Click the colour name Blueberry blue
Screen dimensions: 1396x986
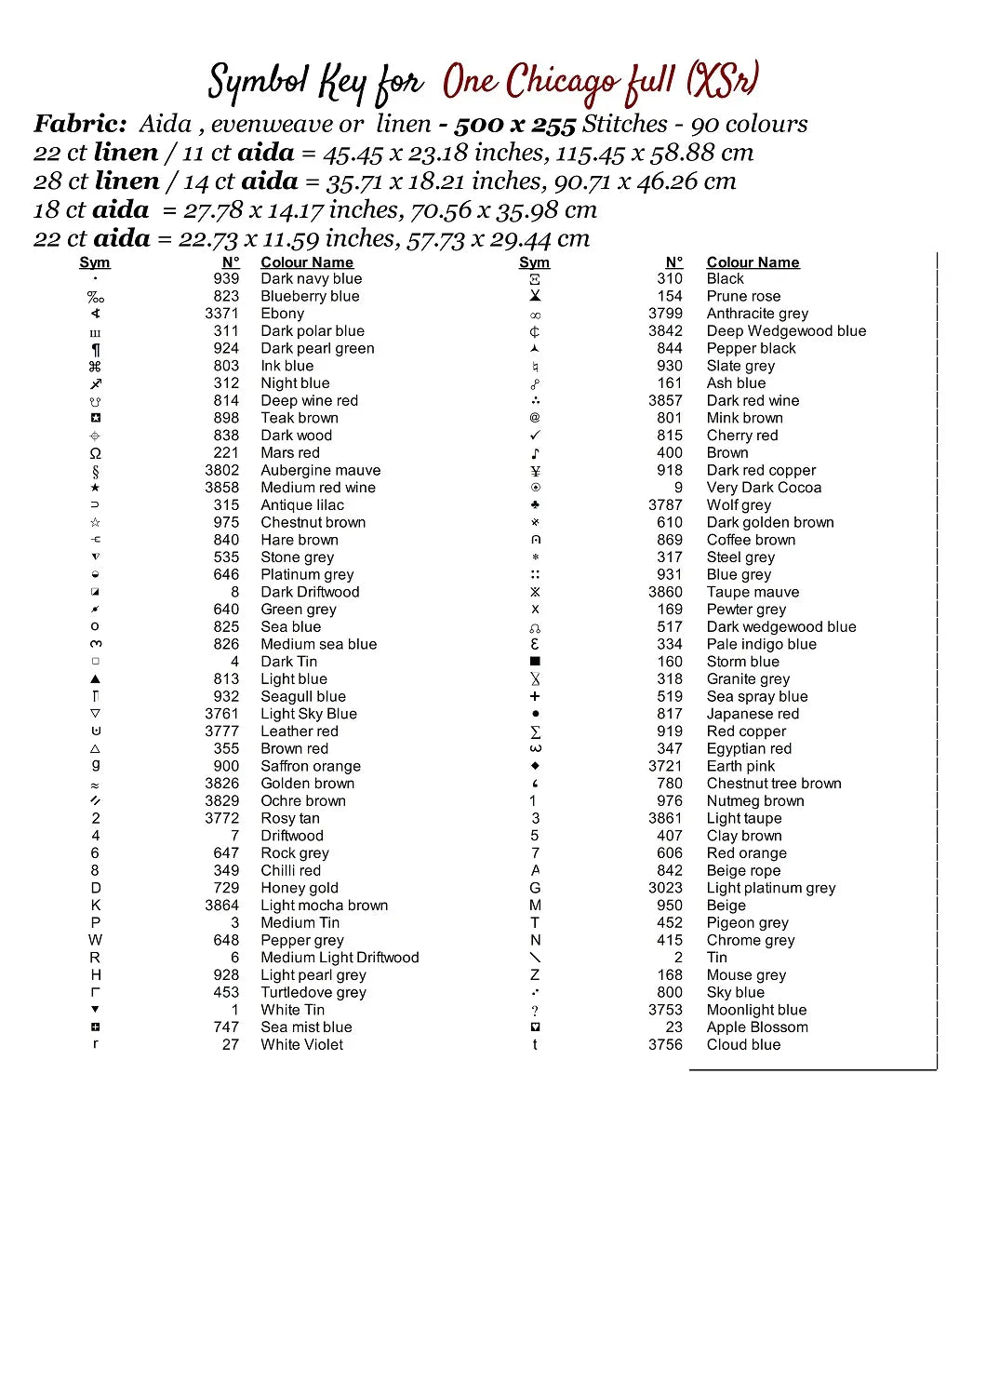point(310,296)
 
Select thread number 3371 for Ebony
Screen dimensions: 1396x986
point(221,314)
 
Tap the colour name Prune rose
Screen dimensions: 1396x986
point(743,296)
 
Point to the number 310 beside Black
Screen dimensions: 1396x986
point(669,278)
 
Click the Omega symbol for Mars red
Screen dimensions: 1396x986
point(95,453)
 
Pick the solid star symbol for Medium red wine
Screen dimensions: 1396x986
point(95,488)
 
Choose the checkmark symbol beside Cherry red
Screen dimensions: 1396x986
point(535,436)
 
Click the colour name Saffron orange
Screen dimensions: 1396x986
point(311,766)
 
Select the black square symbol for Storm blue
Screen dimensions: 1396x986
point(535,662)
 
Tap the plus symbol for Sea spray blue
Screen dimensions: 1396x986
point(535,696)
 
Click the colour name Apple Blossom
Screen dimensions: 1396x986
point(757,1027)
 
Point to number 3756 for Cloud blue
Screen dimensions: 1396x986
point(665,1045)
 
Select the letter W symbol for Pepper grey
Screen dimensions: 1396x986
point(95,940)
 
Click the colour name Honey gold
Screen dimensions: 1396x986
point(300,888)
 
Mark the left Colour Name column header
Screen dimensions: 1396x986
point(307,262)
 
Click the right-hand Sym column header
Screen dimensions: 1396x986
point(534,262)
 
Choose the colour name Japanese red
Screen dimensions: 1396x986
point(753,714)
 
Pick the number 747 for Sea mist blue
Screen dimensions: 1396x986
point(226,1027)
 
